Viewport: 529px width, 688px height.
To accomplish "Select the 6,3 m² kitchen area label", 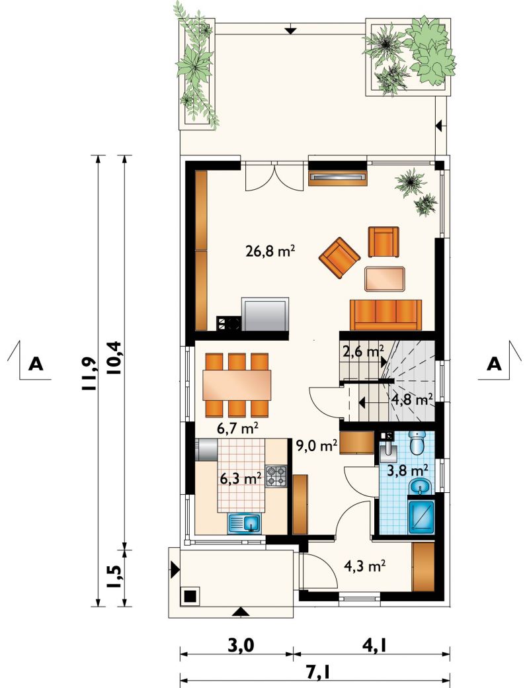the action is tap(241, 478).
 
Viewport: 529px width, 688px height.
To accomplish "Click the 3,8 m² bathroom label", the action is tap(408, 471).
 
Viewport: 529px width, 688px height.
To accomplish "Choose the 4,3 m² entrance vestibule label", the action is tap(364, 566).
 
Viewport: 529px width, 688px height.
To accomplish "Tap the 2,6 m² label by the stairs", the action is tap(363, 351).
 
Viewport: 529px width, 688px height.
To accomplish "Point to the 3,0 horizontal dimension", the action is tap(241, 646).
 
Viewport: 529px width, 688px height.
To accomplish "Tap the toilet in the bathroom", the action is tap(417, 443).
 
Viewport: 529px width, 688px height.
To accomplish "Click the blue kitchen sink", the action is tap(244, 523).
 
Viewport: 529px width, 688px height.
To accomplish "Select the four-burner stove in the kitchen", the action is tap(276, 476).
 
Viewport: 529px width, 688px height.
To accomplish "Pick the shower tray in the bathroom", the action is tap(421, 518).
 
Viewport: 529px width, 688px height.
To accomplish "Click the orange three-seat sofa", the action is tap(386, 315).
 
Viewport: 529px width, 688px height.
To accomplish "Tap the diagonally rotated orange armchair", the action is tap(339, 257).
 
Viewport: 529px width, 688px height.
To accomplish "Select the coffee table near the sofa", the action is tap(385, 279).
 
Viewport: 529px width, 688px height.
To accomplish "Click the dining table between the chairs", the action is tap(237, 385).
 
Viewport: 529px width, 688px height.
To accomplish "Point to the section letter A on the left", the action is tap(36, 364).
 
